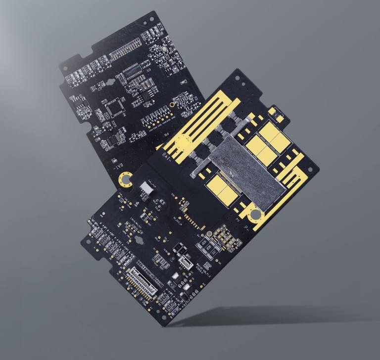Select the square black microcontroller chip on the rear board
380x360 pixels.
point(115,105)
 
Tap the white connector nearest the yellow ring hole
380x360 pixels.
point(146,188)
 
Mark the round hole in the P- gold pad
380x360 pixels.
point(256,215)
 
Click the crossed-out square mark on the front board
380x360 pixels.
point(279,118)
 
